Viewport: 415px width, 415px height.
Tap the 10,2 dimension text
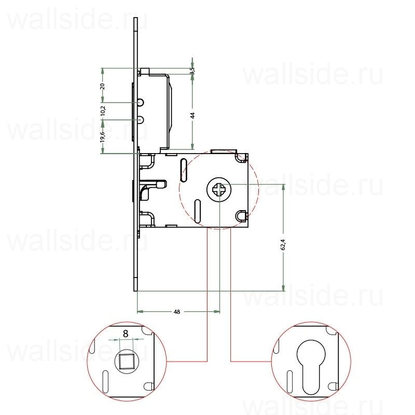pyautogui.click(x=103, y=110)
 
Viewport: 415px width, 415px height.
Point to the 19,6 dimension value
pyautogui.click(x=103, y=136)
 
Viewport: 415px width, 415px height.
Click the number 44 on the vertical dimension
pyautogui.click(x=192, y=116)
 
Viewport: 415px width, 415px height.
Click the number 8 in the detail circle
pyautogui.click(x=125, y=334)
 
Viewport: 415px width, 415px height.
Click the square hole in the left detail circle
pyautogui.click(x=125, y=360)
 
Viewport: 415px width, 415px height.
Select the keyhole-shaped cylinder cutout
pyautogui.click(x=311, y=363)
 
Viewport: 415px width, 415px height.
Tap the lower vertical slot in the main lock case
pyautogui.click(x=198, y=211)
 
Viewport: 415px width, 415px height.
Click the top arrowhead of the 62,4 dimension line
pyautogui.click(x=283, y=187)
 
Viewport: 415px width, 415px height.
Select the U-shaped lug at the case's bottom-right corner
pyautogui.click(x=241, y=215)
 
